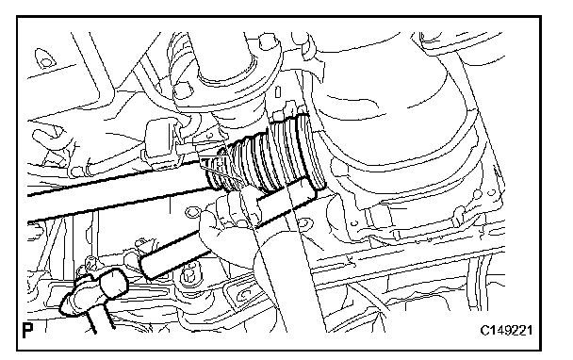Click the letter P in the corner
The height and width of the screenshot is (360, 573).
pyautogui.click(x=27, y=330)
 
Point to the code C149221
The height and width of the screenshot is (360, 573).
pyautogui.click(x=506, y=331)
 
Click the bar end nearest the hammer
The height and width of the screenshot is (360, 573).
pyautogui.click(x=147, y=267)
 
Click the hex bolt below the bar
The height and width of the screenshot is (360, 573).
pyautogui.click(x=188, y=275)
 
